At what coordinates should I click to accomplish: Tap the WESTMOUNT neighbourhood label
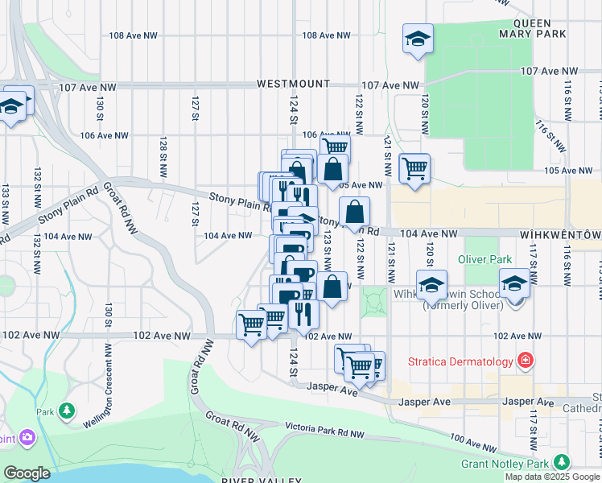[x=293, y=84]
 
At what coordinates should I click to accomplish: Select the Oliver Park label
[x=484, y=259]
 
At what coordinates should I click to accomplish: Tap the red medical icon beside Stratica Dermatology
[x=526, y=361]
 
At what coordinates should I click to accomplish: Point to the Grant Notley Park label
[x=505, y=464]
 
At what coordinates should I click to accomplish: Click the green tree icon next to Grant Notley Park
[x=561, y=463]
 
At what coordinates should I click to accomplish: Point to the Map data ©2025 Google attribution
[x=552, y=477]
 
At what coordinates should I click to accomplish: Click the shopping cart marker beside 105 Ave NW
[x=414, y=168]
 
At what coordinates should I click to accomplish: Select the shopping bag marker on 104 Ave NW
[x=354, y=213]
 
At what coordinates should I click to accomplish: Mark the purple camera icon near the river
[x=28, y=437]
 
